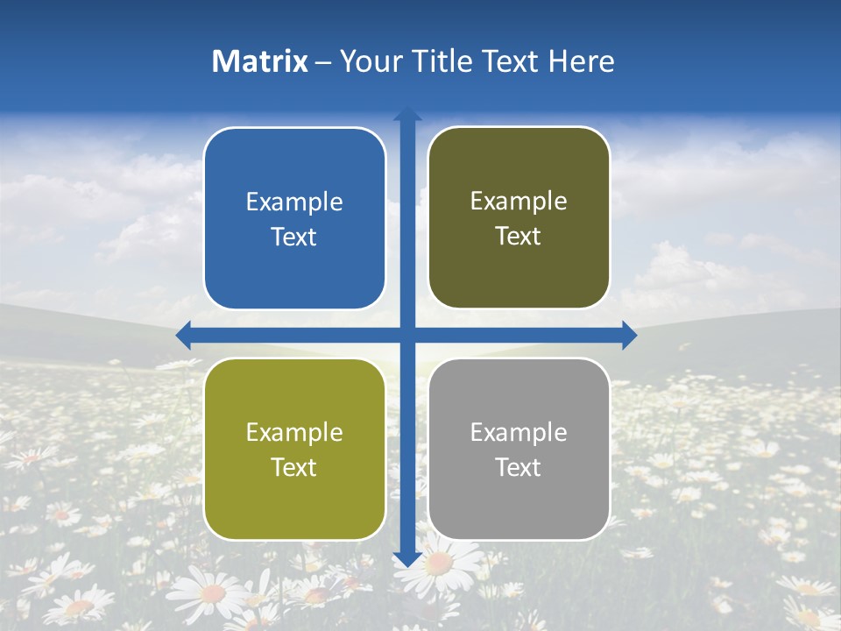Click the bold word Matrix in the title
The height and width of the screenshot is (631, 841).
click(260, 61)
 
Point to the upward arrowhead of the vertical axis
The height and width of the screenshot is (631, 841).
click(407, 115)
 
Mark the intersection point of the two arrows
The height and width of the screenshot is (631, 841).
click(407, 335)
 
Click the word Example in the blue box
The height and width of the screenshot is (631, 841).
click(294, 202)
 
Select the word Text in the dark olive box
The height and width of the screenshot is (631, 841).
click(519, 237)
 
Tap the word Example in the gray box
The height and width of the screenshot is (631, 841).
click(519, 432)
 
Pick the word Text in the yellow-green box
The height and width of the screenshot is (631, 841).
click(294, 467)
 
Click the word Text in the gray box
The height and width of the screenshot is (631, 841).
click(519, 467)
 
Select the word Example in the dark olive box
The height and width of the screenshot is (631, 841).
click(519, 202)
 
